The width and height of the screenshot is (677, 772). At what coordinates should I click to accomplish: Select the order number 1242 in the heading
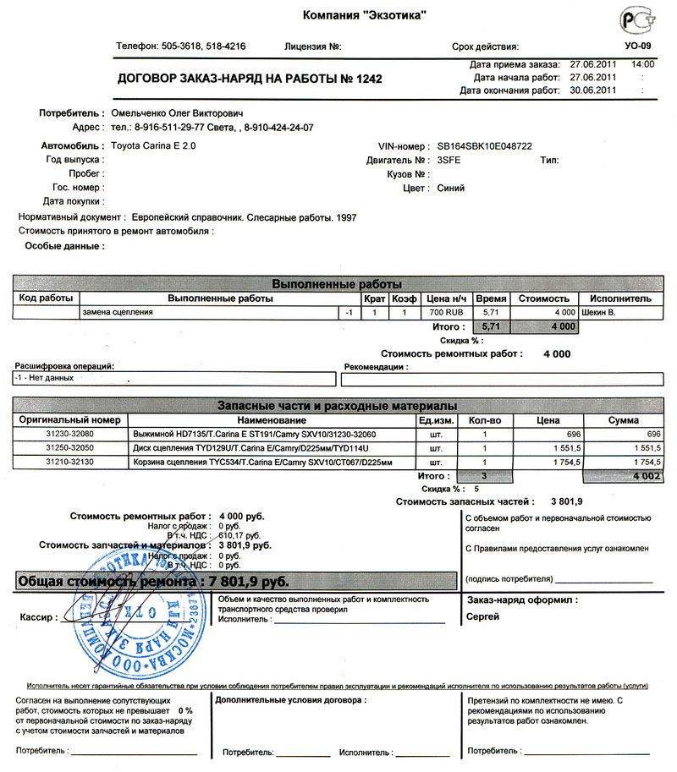(368, 79)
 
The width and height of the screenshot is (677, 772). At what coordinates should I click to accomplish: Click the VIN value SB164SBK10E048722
(484, 146)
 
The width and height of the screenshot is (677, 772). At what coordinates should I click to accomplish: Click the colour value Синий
(450, 188)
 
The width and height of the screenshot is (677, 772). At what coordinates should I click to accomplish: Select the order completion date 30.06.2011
(593, 90)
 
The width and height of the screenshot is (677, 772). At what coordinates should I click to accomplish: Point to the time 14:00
(642, 64)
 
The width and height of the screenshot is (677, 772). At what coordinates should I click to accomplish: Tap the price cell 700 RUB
(445, 312)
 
